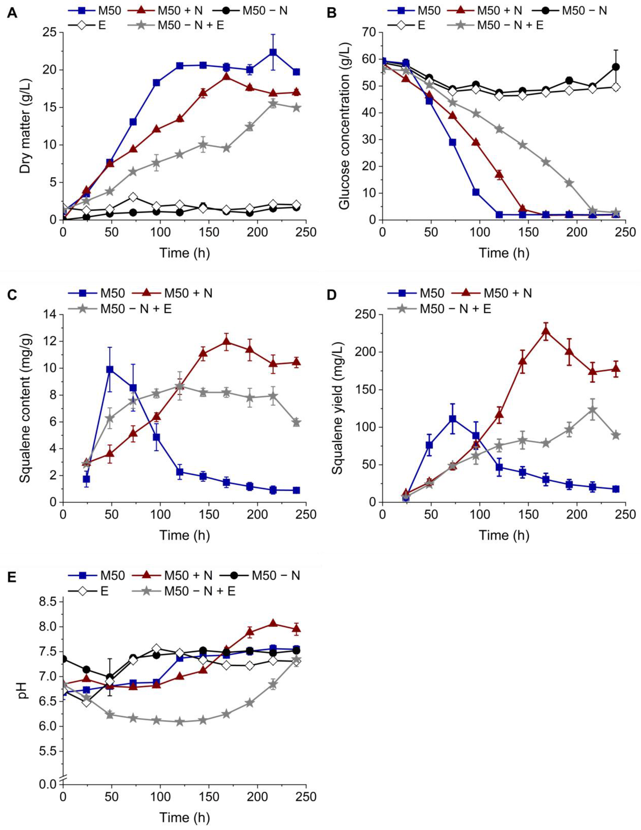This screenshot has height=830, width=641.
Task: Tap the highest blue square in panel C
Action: (110, 369)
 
